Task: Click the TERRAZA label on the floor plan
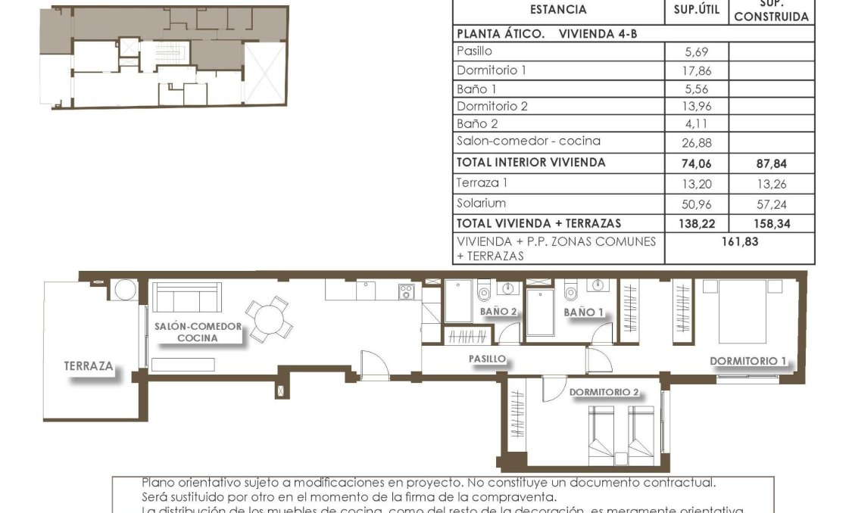pos(89,366)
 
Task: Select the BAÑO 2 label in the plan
pos(498,312)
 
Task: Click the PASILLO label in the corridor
pos(486,359)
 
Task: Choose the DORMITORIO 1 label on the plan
pos(747,361)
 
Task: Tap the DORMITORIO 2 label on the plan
pos(604,392)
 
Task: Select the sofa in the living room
pos(186,297)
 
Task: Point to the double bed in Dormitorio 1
pos(741,311)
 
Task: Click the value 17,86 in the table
pos(696,70)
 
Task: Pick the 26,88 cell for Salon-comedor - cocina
pos(696,142)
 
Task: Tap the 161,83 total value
pos(739,242)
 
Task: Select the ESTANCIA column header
pos(558,10)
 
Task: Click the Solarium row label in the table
pos(481,204)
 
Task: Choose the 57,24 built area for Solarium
pos(771,204)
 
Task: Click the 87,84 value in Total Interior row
pos(771,163)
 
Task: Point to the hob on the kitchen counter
pos(406,291)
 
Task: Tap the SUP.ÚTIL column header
pos(696,10)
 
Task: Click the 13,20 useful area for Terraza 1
pos(696,183)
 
